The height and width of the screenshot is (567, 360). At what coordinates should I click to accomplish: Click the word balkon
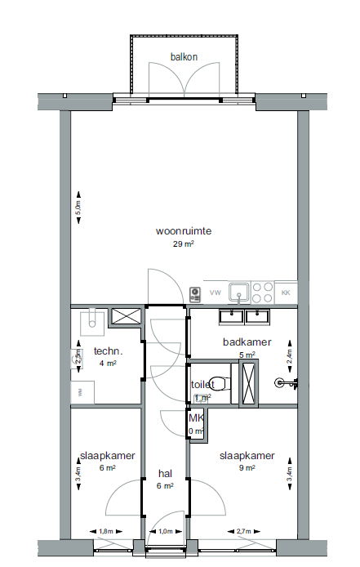[184, 56]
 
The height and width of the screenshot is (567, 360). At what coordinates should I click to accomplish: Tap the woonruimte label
[184, 231]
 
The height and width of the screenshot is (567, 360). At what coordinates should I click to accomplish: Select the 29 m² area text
[183, 243]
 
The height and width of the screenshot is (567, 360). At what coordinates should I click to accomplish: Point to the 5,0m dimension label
[78, 209]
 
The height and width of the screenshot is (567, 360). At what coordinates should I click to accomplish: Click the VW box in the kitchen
[216, 292]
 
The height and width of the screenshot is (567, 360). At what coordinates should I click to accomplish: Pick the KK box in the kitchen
[286, 292]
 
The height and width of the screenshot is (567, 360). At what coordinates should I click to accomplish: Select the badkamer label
[247, 342]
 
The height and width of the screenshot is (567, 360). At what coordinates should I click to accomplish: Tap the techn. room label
[108, 351]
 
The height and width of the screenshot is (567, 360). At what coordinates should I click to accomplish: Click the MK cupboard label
[195, 418]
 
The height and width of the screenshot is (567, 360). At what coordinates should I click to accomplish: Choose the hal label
[165, 474]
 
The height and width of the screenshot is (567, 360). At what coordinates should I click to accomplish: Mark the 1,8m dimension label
[106, 532]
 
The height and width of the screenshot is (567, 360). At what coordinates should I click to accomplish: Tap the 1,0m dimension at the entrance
[166, 532]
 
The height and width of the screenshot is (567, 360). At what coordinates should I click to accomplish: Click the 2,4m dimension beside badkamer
[288, 356]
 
